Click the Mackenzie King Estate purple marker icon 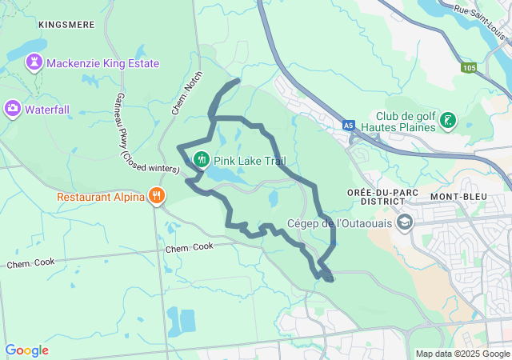[x=34, y=62]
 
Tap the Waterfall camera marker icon [x=12, y=108]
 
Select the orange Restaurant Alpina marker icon [x=156, y=196]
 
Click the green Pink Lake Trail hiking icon [x=202, y=159]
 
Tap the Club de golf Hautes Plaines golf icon [x=448, y=122]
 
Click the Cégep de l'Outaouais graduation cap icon [x=405, y=222]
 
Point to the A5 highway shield [x=348, y=126]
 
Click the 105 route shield [x=469, y=69]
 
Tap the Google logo [x=26, y=350]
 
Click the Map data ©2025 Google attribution [x=462, y=354]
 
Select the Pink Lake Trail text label [x=249, y=161]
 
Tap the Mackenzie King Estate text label [x=102, y=63]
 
